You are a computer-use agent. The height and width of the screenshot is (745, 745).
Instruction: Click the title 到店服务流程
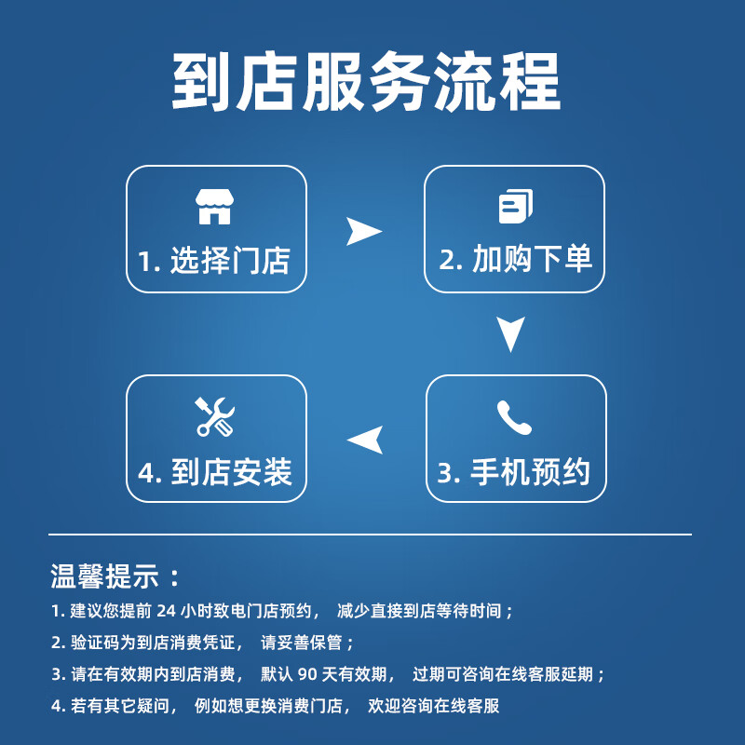coord(366,82)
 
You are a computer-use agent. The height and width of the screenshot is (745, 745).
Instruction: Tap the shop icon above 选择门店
coord(214,206)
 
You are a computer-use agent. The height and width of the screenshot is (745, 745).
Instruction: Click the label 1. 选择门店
coord(214,260)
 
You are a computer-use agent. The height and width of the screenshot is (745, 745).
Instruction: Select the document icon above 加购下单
coord(516,206)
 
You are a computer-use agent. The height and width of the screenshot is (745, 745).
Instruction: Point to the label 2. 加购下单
coord(516,259)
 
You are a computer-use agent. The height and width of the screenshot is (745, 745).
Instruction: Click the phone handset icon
coord(515,417)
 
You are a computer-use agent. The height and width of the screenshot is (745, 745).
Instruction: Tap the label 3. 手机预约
coord(514,472)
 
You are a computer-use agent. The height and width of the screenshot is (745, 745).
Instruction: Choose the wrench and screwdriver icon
coord(215,416)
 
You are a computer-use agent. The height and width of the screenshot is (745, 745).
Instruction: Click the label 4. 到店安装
coord(215,472)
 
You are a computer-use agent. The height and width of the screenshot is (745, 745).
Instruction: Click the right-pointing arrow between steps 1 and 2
coord(362,231)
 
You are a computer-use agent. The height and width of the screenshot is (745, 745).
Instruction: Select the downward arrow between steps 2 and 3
coord(510,333)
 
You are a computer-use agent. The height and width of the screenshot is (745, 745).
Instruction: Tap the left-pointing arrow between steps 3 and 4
coord(367,440)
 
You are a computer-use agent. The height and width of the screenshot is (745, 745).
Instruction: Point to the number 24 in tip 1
coord(167,611)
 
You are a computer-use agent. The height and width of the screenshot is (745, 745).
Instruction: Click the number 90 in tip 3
coord(307,674)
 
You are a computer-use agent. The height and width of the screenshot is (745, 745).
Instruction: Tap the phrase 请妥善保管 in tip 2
coord(301,643)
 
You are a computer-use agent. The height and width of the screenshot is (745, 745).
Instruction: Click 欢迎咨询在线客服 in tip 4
coord(433,706)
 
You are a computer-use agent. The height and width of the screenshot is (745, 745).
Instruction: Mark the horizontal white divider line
coord(370,535)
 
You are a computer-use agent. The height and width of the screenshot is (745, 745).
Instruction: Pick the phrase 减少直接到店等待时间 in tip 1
coord(419,611)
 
